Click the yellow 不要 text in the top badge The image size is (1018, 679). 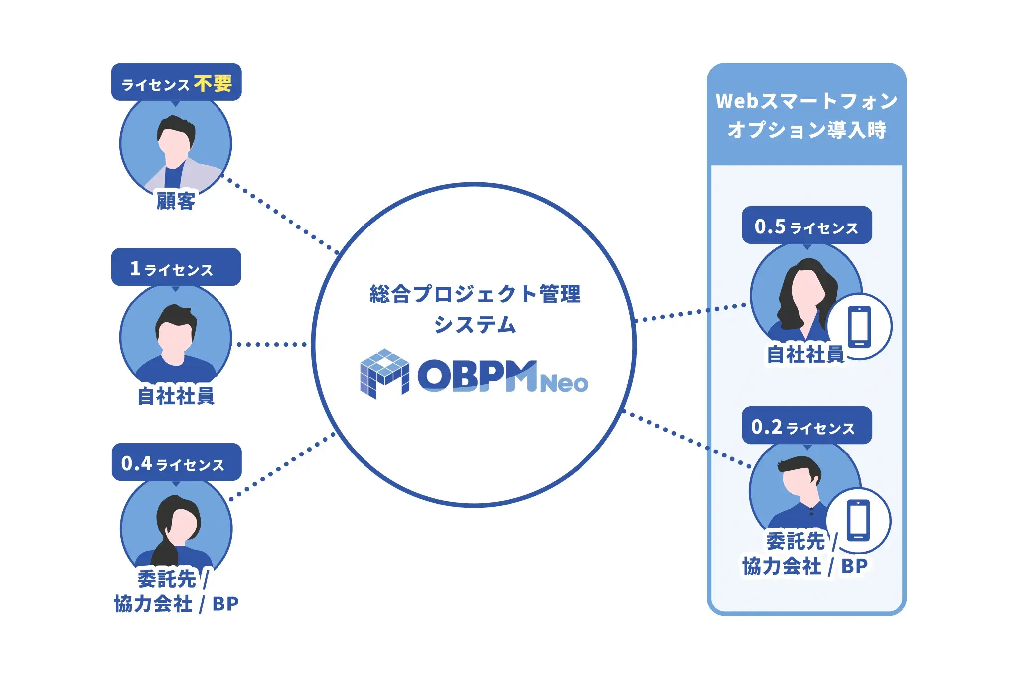point(213,83)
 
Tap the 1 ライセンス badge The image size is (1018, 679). point(176,268)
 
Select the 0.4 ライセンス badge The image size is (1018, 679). point(176,463)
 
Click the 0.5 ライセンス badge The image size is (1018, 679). point(806,226)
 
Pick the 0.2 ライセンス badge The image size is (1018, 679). point(806,426)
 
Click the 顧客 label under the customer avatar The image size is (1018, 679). point(176,201)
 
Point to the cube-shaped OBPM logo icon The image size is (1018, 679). point(384,374)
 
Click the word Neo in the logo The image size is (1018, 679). point(564,383)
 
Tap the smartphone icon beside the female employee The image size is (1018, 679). point(860,327)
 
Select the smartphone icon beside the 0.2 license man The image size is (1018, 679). point(859,521)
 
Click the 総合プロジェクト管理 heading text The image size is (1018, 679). point(475,294)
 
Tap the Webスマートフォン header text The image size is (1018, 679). point(806,101)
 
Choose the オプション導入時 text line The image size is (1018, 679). point(806,130)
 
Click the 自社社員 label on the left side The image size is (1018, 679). point(176,396)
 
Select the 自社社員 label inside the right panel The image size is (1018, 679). point(805,354)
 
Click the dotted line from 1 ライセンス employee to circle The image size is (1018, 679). point(272,344)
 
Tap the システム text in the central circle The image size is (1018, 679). point(475,325)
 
